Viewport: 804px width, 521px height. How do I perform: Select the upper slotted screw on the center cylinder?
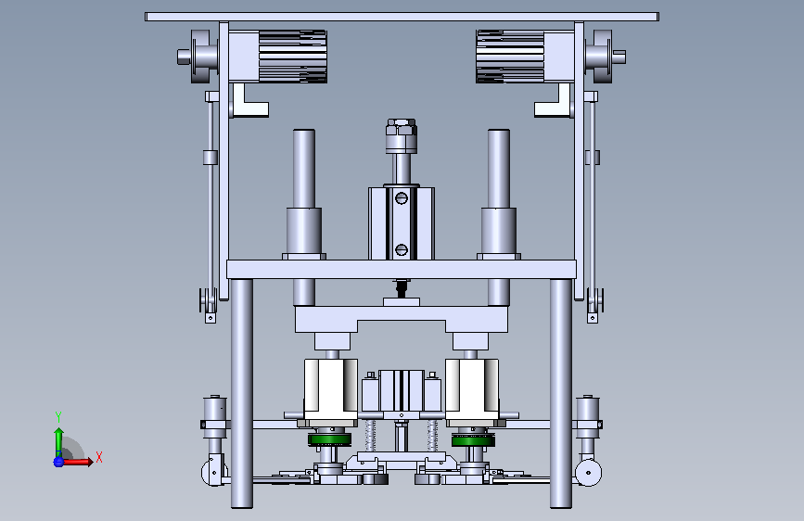pos(402,197)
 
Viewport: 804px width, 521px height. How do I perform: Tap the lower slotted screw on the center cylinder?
pos(402,249)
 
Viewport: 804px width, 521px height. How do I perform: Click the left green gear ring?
pos(330,439)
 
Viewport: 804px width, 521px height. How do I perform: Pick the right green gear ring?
pos(473,440)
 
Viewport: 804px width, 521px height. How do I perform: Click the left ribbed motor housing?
pos(293,56)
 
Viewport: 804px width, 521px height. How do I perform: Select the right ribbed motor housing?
pos(510,56)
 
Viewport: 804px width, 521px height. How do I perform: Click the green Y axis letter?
pos(58,417)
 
